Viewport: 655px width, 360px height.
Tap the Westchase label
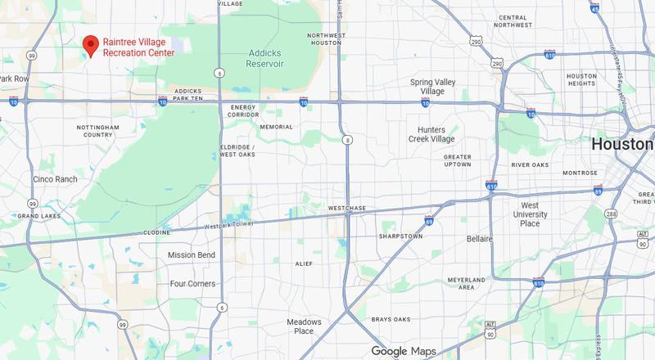pyautogui.click(x=346, y=209)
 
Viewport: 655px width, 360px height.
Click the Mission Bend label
pyautogui.click(x=191, y=255)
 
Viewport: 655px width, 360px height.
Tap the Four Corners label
pyautogui.click(x=192, y=284)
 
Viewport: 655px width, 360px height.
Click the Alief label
pyautogui.click(x=304, y=263)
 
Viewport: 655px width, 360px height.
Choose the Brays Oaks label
pyautogui.click(x=398, y=318)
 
